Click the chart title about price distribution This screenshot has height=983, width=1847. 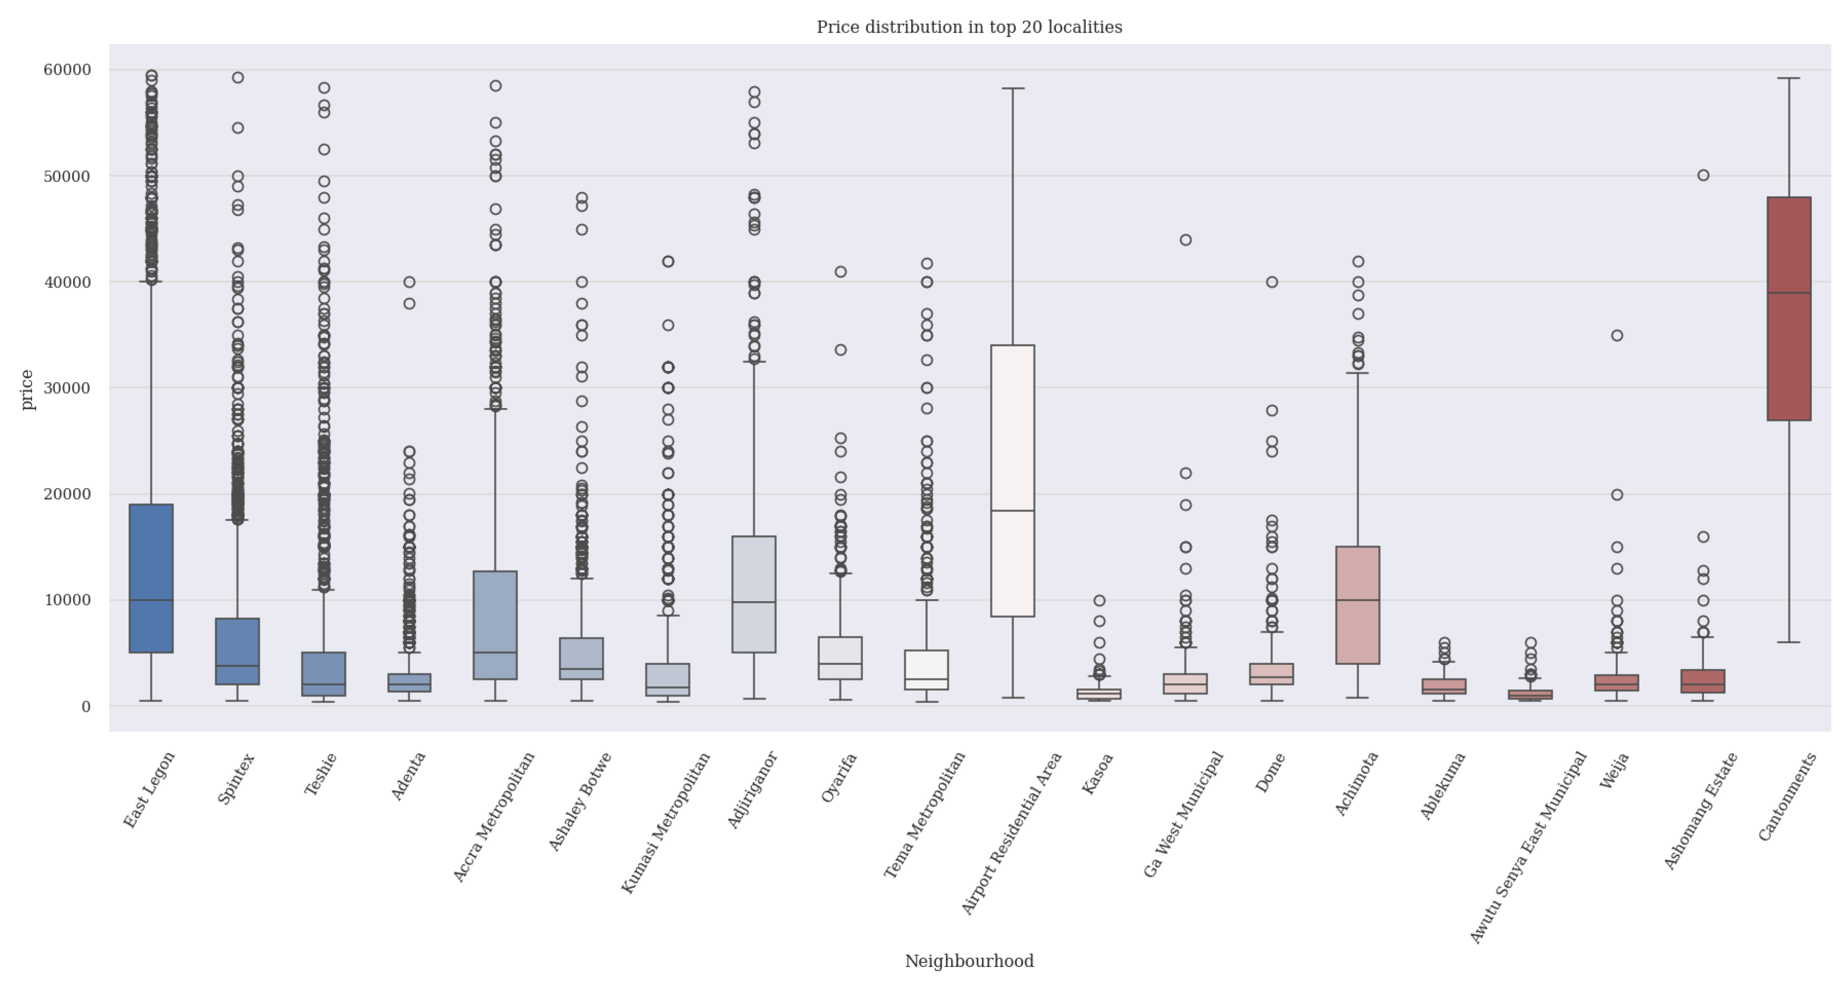[x=969, y=27]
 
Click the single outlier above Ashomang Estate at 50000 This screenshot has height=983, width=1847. [x=1703, y=175]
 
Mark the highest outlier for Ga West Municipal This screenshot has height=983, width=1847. [x=1185, y=240]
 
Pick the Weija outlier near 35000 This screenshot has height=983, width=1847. [x=1617, y=335]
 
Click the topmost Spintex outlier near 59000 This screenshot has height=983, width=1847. [x=237, y=77]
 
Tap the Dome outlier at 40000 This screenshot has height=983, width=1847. [x=1271, y=282]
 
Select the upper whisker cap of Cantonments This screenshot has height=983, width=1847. [x=1788, y=78]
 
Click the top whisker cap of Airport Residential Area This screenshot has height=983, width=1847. [x=1013, y=89]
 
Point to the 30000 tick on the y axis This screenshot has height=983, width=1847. [x=67, y=388]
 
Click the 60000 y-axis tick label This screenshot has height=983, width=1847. [x=67, y=70]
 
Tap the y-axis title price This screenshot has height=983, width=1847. [x=27, y=389]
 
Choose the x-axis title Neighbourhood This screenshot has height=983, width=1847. [x=969, y=961]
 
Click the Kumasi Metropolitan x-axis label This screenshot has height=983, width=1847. [x=665, y=823]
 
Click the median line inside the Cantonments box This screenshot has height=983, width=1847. [x=1788, y=293]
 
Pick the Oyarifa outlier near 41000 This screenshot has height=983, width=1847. [x=841, y=272]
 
